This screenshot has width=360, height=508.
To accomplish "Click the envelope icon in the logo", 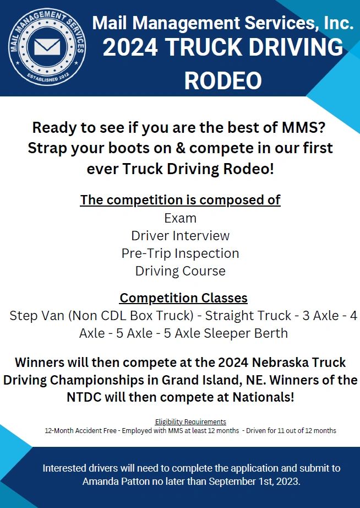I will pyautogui.click(x=46, y=46).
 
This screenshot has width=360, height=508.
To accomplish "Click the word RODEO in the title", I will pyautogui.click(x=223, y=80).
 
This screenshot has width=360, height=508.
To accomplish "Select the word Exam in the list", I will pyautogui.click(x=180, y=218).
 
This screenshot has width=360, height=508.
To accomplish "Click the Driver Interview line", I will pyautogui.click(x=180, y=236).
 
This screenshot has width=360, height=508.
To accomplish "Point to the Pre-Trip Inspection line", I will pyautogui.click(x=180, y=253).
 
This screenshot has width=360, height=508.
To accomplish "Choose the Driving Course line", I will pyautogui.click(x=180, y=271).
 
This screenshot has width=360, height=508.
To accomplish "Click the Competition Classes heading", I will pyautogui.click(x=183, y=298).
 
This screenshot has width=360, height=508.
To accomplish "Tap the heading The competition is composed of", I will pyautogui.click(x=180, y=199).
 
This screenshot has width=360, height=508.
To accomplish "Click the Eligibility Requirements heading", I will pyautogui.click(x=190, y=422).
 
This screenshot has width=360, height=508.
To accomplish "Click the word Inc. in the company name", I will pyautogui.click(x=335, y=23).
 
